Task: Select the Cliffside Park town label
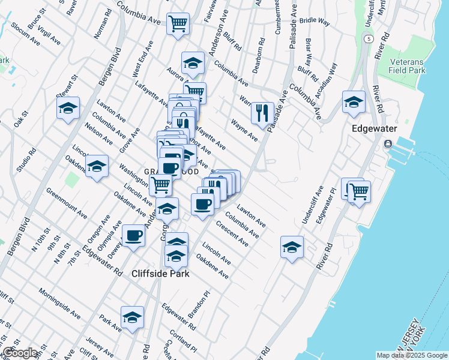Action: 160,274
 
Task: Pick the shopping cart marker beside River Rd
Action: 359,192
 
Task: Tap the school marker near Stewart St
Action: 68,109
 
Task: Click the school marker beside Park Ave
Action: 132,318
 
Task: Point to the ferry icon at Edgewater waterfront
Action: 388,144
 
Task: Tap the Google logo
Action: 20,353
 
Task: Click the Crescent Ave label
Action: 232,234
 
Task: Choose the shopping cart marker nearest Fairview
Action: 177,25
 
